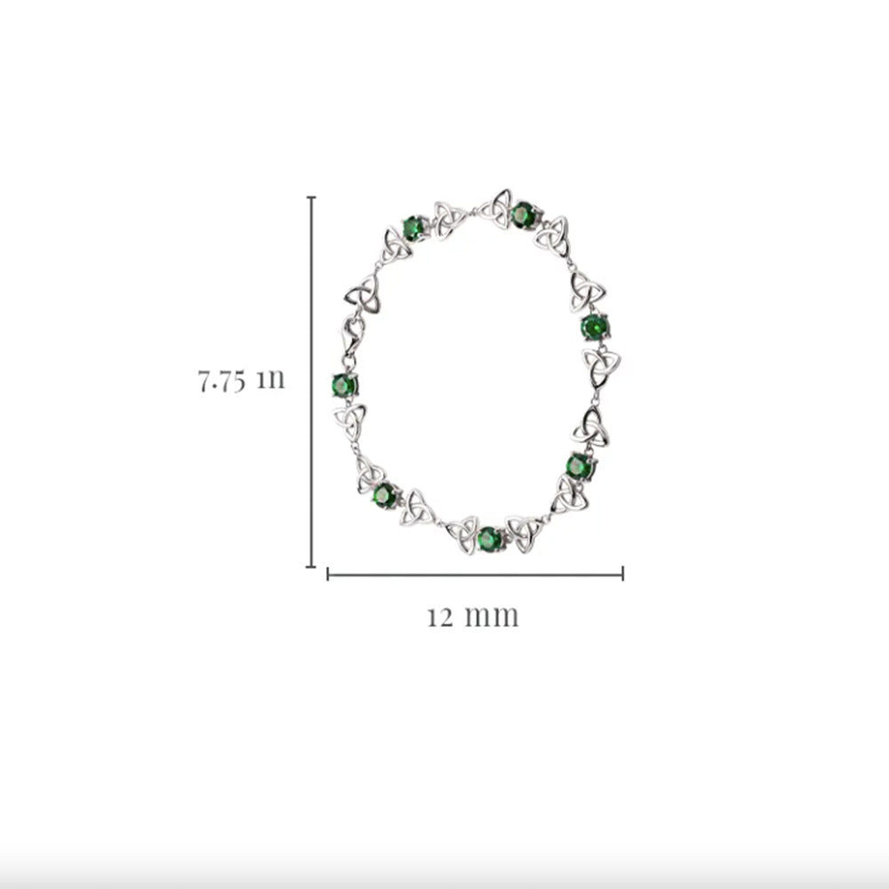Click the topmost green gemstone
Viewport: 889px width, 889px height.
pos(523,215)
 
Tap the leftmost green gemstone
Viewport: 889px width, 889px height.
pos(344,386)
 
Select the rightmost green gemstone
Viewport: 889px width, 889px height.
pos(595,327)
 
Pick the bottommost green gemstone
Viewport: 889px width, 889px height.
pos(489,539)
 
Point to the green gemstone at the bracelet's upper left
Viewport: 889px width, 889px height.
pos(415,228)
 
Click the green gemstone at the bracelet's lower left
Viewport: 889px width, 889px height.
pos(386,495)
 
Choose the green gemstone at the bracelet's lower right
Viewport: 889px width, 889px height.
pos(580,466)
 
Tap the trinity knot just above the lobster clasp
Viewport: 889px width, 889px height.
pos(362,295)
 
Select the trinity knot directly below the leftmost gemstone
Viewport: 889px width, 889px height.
pos(349,421)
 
